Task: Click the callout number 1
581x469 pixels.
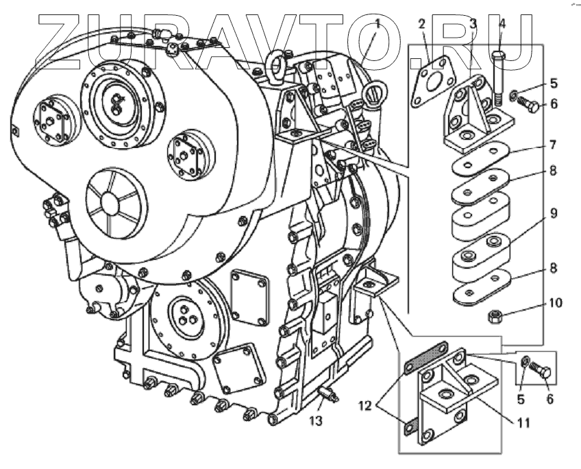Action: point(377,25)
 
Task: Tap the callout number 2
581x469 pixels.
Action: point(423,25)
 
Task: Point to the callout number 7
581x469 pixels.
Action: point(552,145)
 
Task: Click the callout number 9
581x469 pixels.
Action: point(552,215)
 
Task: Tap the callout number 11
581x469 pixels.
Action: point(523,423)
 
